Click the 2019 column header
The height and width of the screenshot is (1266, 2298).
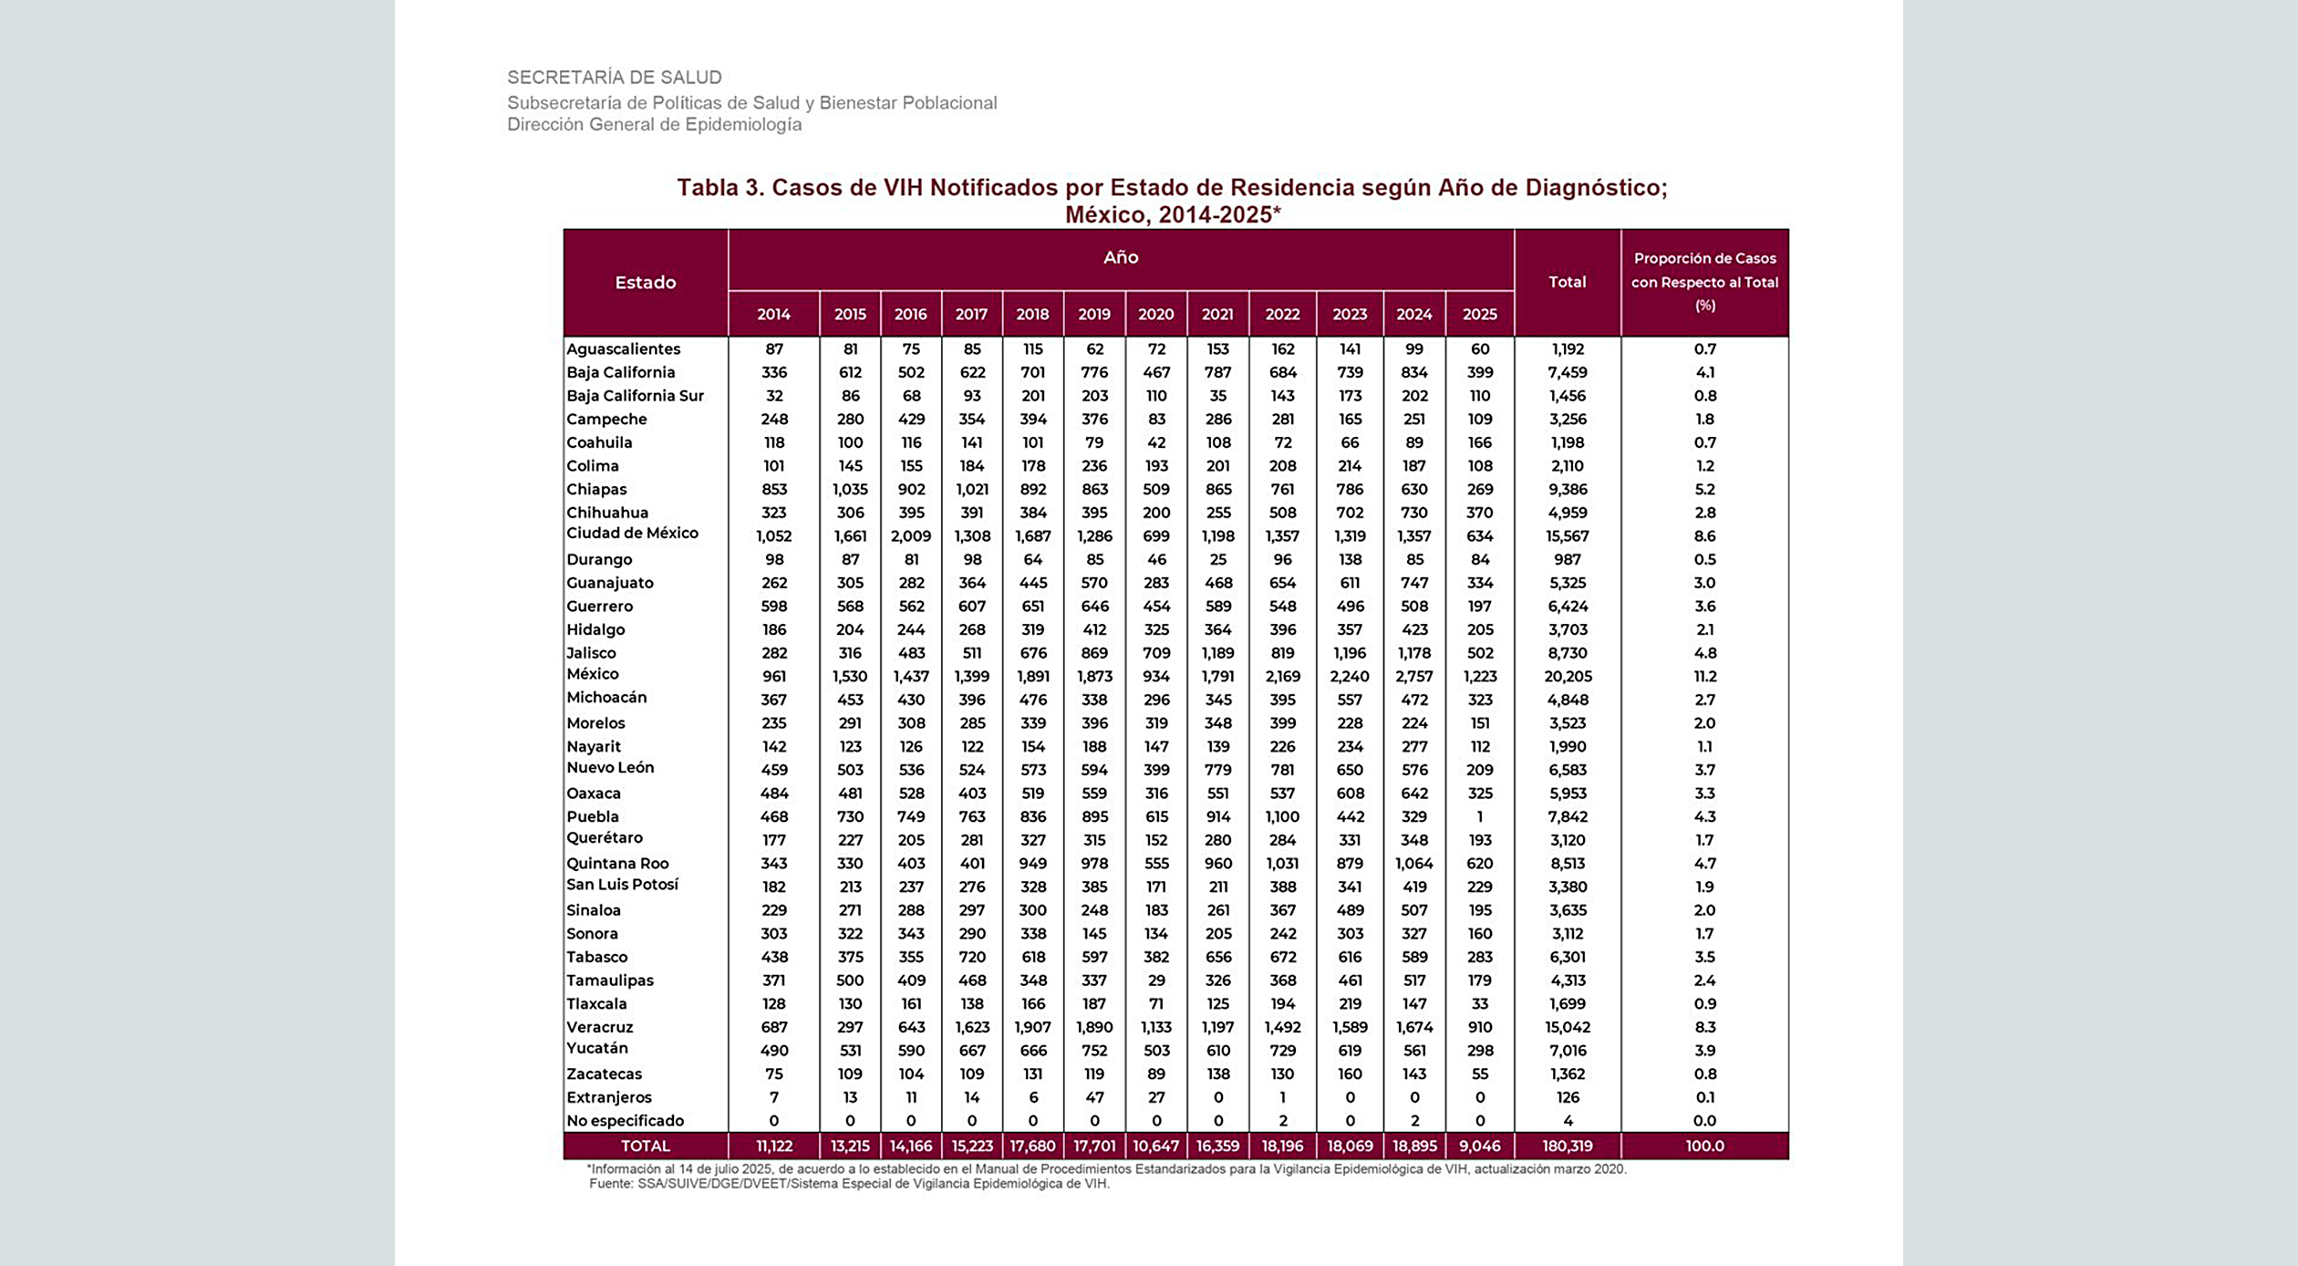click(1094, 314)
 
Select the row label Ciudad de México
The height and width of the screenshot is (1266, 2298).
click(632, 534)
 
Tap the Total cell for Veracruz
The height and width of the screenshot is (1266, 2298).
click(1567, 1027)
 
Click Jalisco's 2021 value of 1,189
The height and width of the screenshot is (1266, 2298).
click(1217, 653)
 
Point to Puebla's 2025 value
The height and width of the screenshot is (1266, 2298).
click(1479, 816)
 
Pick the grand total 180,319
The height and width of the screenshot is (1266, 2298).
click(1567, 1146)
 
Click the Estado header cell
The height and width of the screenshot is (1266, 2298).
click(645, 283)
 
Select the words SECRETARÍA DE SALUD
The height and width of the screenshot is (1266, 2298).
click(614, 78)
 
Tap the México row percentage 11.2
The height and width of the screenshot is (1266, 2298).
click(1704, 677)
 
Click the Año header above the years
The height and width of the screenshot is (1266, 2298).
click(1120, 258)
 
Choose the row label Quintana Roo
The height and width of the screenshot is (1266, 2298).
click(617, 863)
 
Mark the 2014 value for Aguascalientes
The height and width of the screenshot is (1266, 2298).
click(773, 349)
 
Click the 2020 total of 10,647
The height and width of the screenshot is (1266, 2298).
click(1155, 1146)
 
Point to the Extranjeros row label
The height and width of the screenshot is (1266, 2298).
click(609, 1097)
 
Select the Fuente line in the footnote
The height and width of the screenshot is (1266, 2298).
click(848, 1184)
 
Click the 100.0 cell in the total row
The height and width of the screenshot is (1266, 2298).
click(1704, 1146)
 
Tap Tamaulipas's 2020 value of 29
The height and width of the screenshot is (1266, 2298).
click(1156, 981)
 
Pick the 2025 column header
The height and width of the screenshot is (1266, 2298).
click(1479, 314)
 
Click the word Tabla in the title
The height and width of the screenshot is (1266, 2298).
click(708, 188)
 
